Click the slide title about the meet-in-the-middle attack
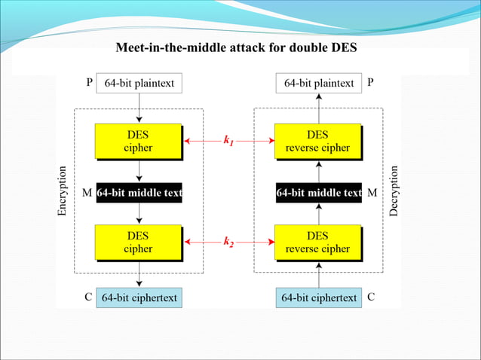[x=236, y=48]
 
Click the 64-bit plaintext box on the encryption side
[x=139, y=83]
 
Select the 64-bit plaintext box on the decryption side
[x=318, y=83]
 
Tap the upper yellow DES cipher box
[x=138, y=142]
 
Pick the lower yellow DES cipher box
[x=138, y=242]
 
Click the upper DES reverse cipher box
[x=317, y=142]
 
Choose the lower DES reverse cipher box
[x=317, y=242]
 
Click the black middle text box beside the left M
[x=139, y=193]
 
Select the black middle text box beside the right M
[x=319, y=193]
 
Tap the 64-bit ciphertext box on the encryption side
[x=139, y=297]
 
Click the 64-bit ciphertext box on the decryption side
[x=319, y=297]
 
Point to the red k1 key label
[x=229, y=140]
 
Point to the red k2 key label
[x=229, y=242]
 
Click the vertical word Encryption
[x=63, y=192]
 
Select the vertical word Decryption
[x=394, y=192]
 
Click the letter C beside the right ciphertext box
[x=370, y=297]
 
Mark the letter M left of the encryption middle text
[x=87, y=193]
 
